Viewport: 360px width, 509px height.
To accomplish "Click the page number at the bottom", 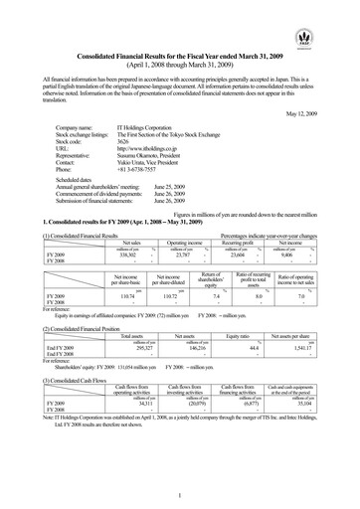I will [x=180, y=495].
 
